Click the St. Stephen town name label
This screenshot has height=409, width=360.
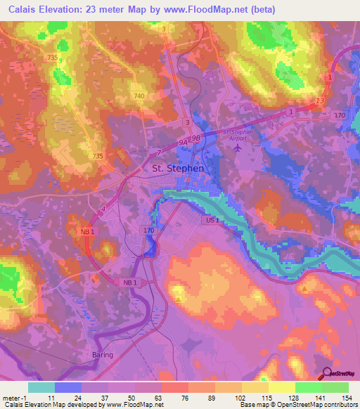[178, 169]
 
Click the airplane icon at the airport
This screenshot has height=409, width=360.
[236, 148]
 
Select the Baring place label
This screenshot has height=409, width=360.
[103, 355]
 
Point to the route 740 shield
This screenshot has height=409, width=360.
[139, 95]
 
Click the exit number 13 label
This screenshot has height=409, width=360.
[320, 102]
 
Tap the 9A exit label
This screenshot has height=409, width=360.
[184, 142]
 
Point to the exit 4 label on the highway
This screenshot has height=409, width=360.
[102, 208]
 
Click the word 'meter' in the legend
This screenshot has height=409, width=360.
[11, 398]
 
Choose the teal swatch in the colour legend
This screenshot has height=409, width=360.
[41, 387]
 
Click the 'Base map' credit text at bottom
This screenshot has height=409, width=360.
[254, 405]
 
